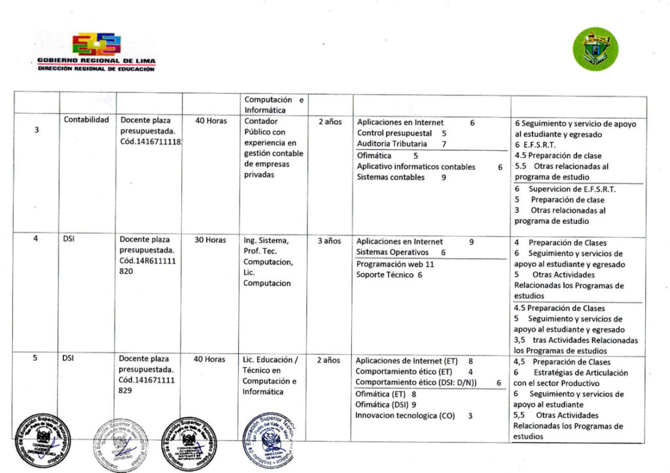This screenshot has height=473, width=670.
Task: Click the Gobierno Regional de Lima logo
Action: click(x=97, y=52)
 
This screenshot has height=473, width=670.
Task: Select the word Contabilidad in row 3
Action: click(x=86, y=120)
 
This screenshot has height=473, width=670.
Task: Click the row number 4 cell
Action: click(x=37, y=239)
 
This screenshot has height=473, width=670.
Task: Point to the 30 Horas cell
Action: click(x=211, y=240)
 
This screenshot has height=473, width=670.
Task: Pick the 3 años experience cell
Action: click(x=330, y=240)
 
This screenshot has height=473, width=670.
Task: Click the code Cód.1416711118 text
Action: click(x=150, y=142)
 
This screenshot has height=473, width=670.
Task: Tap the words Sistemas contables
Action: click(x=391, y=177)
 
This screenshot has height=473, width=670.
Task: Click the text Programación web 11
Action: click(x=395, y=265)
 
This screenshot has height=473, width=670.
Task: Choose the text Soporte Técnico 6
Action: click(x=389, y=275)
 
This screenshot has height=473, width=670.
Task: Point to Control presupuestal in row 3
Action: click(x=395, y=133)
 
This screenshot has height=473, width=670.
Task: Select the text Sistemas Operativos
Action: click(x=393, y=252)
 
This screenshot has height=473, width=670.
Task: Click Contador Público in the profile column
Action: click(x=261, y=126)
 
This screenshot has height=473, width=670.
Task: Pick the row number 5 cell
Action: click(x=37, y=359)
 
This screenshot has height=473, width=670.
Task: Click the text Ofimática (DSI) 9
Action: click(x=386, y=404)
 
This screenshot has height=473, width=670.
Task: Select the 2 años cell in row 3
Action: click(x=330, y=122)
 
